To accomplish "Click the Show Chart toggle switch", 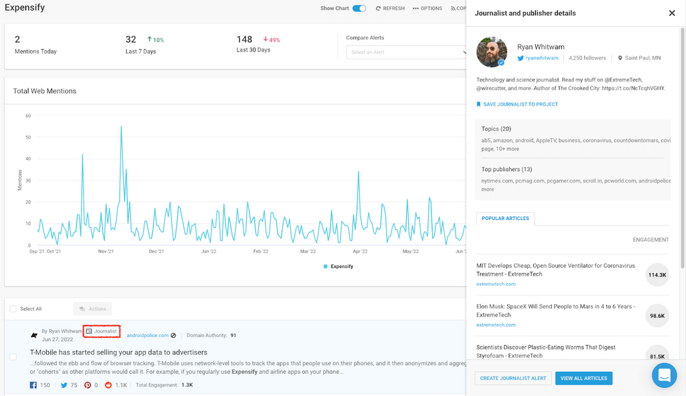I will [359, 9].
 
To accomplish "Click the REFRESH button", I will [391, 9].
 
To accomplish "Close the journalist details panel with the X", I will [672, 13].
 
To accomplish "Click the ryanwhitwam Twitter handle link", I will [541, 58].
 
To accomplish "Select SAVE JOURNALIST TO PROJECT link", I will [521, 104].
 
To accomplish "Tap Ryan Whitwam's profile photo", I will [492, 52].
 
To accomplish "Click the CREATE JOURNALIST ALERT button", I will [514, 379].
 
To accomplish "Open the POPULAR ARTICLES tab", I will [505, 218].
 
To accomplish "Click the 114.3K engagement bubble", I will [657, 274].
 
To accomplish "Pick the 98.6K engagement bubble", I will [657, 315].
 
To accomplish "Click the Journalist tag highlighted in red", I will [102, 331].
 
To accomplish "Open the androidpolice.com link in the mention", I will [147, 335].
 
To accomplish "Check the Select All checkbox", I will [13, 308].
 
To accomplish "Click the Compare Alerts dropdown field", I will [406, 52].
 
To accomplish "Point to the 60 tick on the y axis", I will [28, 116].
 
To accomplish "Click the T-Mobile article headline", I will [119, 352].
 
